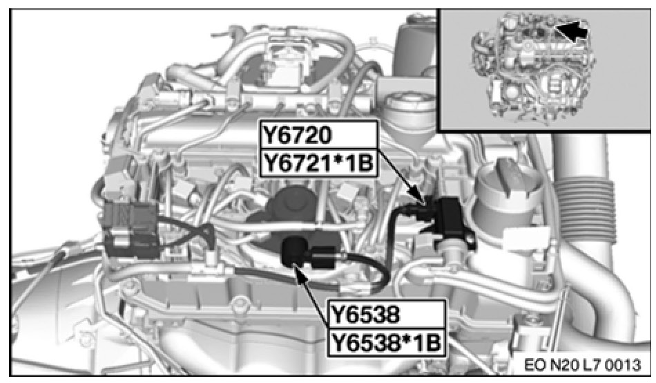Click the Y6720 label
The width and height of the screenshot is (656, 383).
297,136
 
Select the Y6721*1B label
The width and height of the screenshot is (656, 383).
317,162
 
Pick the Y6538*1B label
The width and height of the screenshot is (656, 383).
385,343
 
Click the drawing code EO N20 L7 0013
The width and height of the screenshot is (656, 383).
582,365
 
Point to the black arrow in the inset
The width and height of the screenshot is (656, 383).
570,31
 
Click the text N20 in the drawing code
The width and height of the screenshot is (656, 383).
562,365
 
